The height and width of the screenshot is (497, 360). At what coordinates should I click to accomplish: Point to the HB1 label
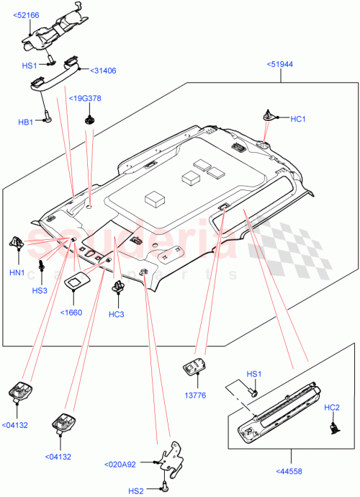[26, 122]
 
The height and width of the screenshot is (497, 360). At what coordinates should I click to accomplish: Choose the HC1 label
[298, 118]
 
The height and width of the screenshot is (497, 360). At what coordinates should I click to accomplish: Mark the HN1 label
[17, 273]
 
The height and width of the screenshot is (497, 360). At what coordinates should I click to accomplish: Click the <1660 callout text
[72, 312]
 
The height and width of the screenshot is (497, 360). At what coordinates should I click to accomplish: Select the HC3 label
[117, 314]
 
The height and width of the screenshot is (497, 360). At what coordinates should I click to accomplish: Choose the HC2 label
[332, 408]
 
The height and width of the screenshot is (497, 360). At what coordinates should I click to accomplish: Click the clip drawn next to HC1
[268, 115]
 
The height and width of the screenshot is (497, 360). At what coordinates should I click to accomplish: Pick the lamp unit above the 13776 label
[194, 367]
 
